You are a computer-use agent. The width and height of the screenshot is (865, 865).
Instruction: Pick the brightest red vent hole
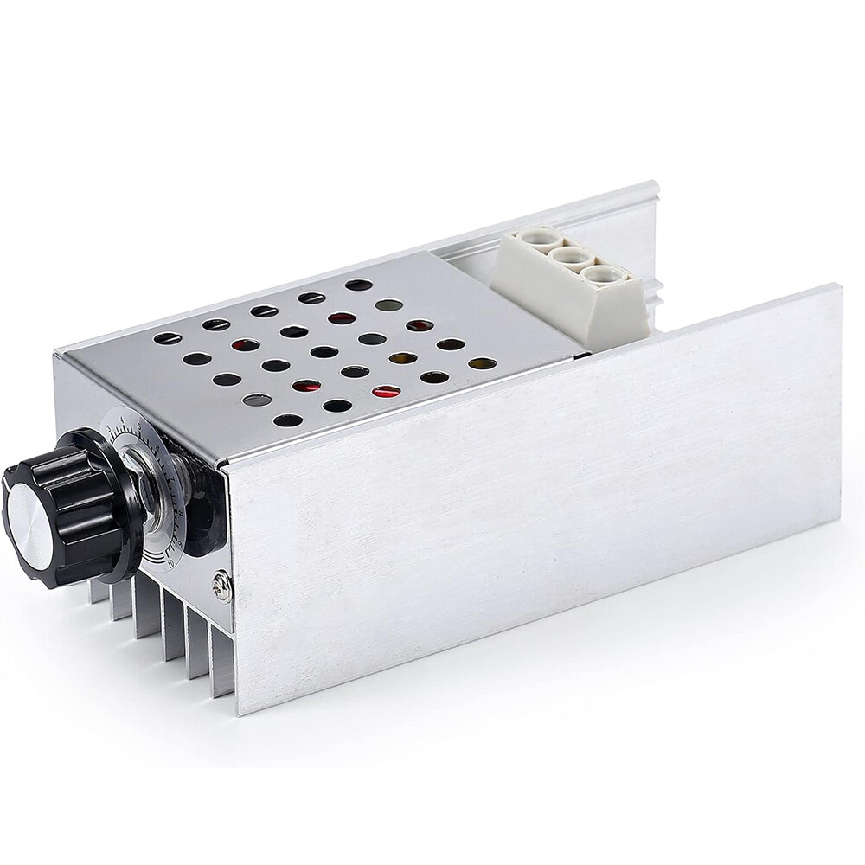click(386, 392)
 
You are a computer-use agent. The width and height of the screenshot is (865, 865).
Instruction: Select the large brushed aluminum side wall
click(536, 484)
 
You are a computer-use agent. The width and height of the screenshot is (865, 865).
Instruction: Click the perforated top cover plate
click(329, 363)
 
